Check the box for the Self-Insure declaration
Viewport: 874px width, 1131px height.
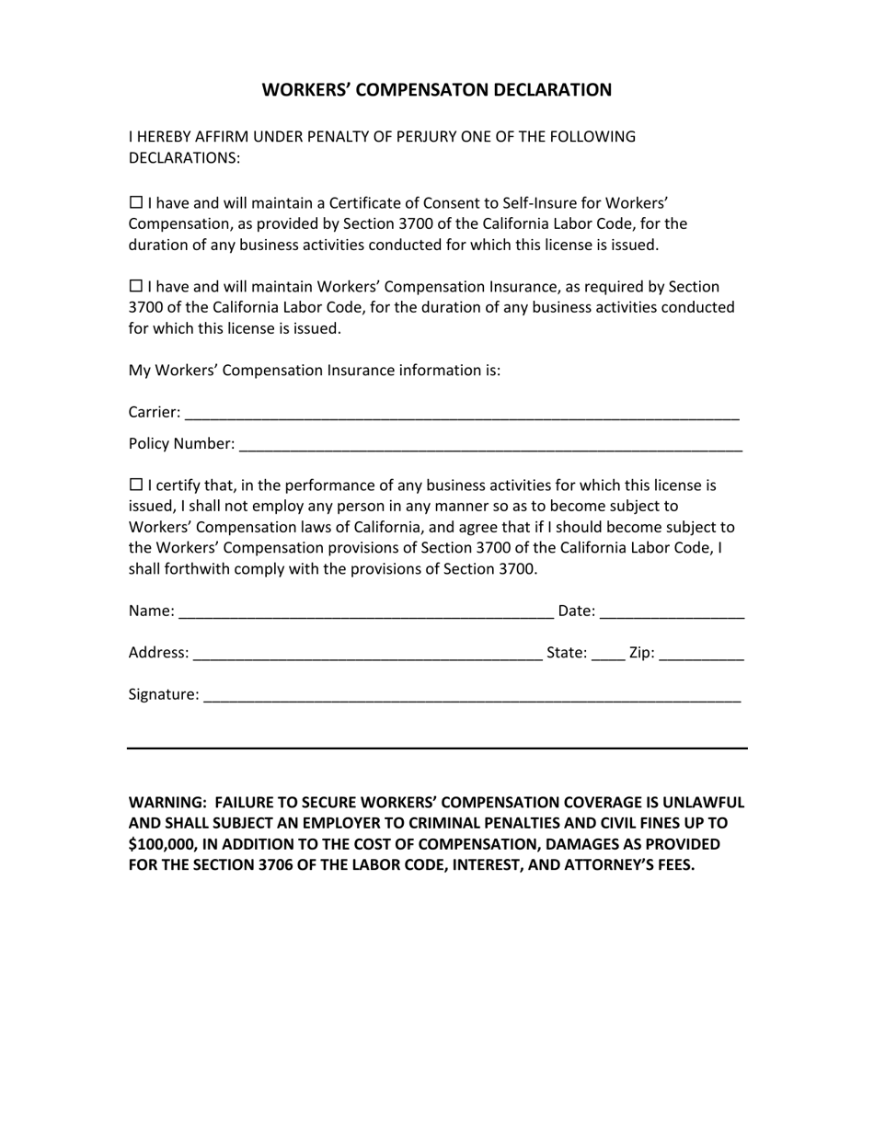[x=136, y=202]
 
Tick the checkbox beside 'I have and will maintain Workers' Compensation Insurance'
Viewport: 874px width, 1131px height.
[x=136, y=287]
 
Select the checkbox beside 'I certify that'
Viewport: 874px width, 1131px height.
[x=136, y=486]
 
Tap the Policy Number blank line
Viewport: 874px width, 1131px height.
[x=489, y=445]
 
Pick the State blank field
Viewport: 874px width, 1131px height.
[x=608, y=654]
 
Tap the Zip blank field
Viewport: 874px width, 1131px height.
[x=702, y=654]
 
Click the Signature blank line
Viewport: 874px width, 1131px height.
[x=471, y=696]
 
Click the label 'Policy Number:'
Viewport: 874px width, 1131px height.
[x=181, y=444]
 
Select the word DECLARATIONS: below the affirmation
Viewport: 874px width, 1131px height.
[x=184, y=158]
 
